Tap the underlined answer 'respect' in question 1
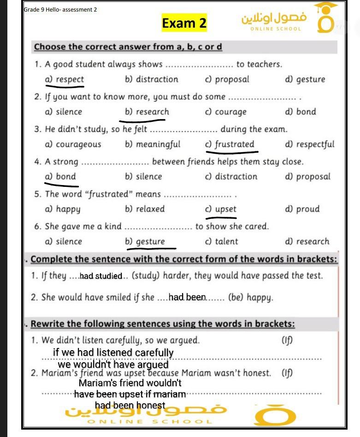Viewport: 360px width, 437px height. [65, 79]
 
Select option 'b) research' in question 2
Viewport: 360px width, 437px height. [147, 112]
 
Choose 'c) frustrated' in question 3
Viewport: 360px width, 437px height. [230, 144]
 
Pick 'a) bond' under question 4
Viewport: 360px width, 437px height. [60, 176]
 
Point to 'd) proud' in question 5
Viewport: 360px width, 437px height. [302, 209]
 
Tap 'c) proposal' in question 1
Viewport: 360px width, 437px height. [227, 79]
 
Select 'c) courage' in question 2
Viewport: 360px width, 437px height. [226, 112]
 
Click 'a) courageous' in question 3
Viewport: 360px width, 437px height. [73, 144]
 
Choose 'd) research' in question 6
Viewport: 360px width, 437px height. [307, 241]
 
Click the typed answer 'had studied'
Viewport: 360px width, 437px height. [101, 276]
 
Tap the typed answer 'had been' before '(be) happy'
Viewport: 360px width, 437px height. [187, 297]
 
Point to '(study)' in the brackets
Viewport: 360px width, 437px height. [146, 276]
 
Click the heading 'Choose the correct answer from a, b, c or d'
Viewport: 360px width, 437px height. [128, 47]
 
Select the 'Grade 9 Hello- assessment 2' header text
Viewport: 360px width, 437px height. [60, 9]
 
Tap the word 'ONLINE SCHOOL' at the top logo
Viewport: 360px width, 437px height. [276, 29]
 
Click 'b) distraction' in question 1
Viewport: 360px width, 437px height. [151, 79]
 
